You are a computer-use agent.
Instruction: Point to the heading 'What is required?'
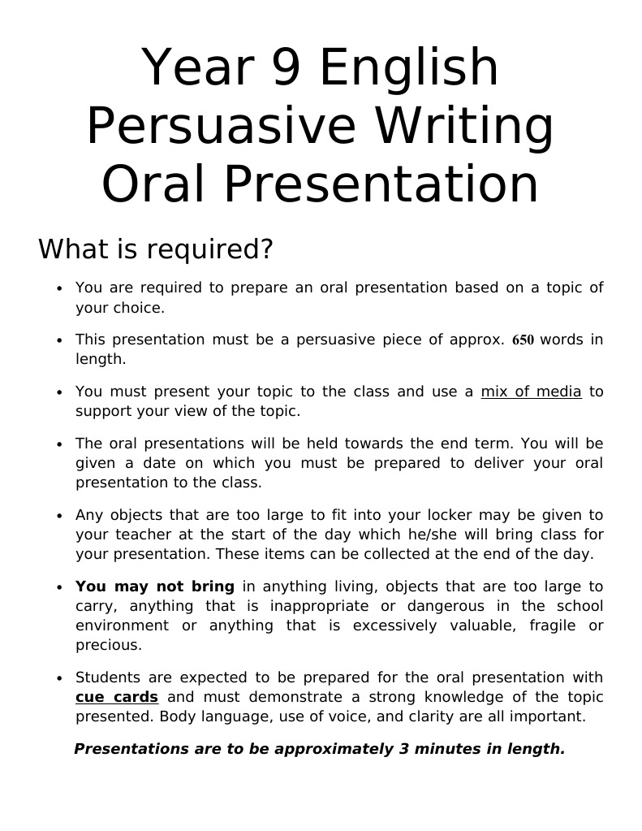[155, 249]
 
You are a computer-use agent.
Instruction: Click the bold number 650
[523, 340]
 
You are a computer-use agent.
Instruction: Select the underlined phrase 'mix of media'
[531, 392]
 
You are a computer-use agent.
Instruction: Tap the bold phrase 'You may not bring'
[154, 586]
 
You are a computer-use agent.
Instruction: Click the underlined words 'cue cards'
[116, 697]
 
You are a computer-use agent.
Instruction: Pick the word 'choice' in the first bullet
[140, 308]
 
